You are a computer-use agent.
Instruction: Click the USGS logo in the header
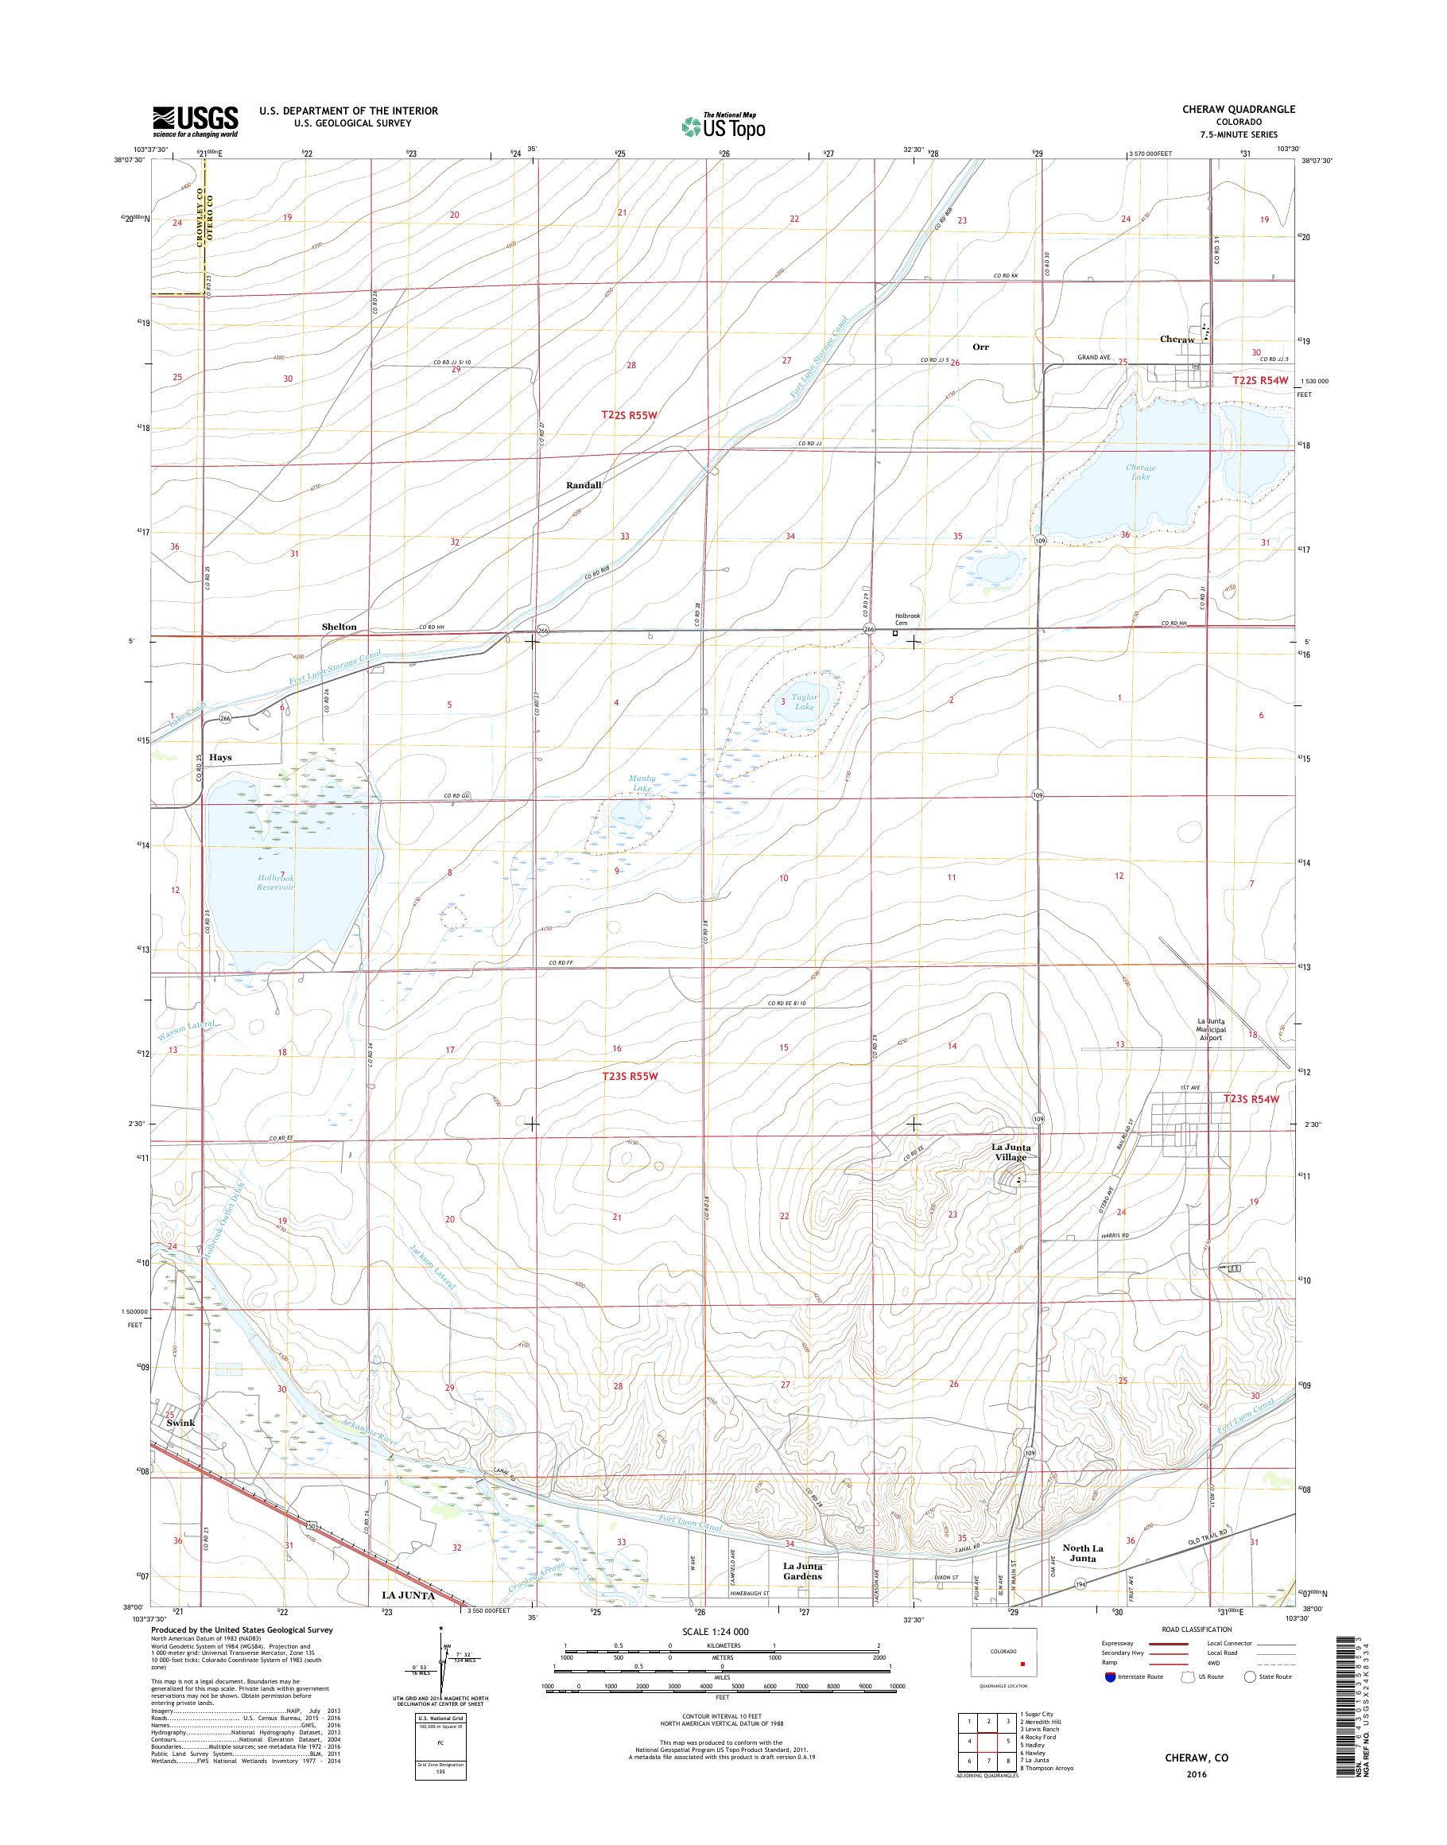point(195,122)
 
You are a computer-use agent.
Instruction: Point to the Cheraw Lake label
point(1140,472)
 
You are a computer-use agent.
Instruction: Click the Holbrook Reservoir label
point(275,882)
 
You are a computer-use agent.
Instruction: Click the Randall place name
point(584,485)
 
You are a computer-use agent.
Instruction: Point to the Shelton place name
point(339,627)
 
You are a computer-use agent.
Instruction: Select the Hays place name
point(220,757)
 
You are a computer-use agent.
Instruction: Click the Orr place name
point(980,347)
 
